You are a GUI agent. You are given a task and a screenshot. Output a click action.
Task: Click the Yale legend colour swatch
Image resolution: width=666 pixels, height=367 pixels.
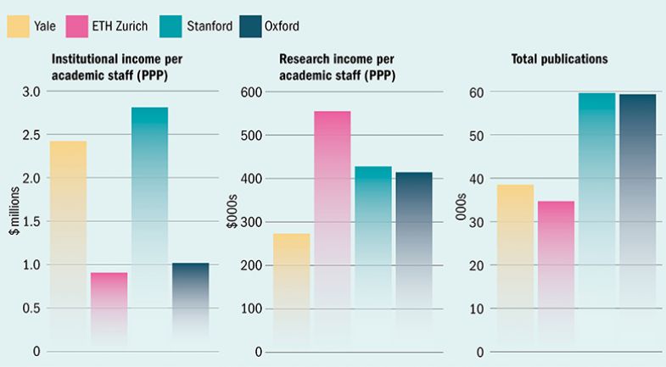click(x=20, y=26)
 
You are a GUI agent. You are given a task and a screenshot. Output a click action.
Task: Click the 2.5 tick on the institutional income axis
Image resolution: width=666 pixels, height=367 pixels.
click(x=31, y=135)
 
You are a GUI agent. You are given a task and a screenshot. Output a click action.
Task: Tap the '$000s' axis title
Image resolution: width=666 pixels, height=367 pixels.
click(x=230, y=222)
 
